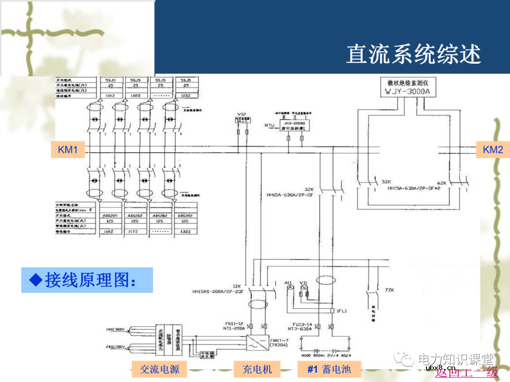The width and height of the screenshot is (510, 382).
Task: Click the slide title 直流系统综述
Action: [x=413, y=54]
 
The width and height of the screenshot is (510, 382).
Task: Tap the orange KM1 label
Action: [x=68, y=150]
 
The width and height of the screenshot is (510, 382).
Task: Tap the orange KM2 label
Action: [x=493, y=150]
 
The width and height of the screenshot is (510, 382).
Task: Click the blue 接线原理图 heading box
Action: [x=87, y=280]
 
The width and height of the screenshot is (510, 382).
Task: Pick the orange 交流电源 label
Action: [x=160, y=369]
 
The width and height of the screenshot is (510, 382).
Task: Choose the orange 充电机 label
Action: [x=257, y=369]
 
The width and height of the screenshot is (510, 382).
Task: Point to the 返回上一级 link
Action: [x=467, y=372]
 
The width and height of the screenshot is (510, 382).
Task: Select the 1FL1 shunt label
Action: [x=342, y=311]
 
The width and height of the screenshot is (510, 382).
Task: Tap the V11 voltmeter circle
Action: [x=304, y=287]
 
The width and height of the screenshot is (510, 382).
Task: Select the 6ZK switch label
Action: [x=442, y=183]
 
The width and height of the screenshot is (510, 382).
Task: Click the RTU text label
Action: [x=269, y=125]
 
